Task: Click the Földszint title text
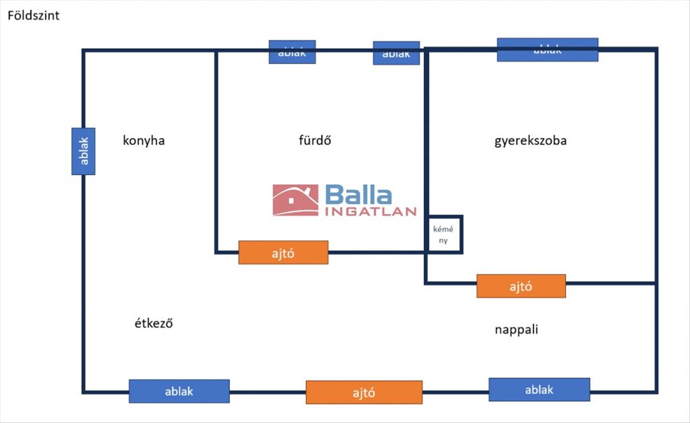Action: coord(33,16)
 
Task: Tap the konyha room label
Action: coord(144,141)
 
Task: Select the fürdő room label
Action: coord(315,141)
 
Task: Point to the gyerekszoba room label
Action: coord(530,141)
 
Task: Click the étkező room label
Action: coord(154,324)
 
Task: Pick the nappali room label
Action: coord(516,330)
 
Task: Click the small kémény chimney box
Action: coord(443,234)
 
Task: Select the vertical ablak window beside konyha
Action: coord(83,151)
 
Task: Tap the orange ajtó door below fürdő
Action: coord(283,252)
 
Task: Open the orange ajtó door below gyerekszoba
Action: coord(521,286)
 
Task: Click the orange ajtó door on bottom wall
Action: coord(364,393)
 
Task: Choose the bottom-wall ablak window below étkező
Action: coord(179,391)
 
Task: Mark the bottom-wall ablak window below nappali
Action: coord(539,390)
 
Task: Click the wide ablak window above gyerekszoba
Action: coord(547,50)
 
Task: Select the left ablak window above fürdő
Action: coord(292,52)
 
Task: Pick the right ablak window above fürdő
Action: coord(396,53)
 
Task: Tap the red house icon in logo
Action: coord(296,200)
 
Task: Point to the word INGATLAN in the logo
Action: coord(371,211)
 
